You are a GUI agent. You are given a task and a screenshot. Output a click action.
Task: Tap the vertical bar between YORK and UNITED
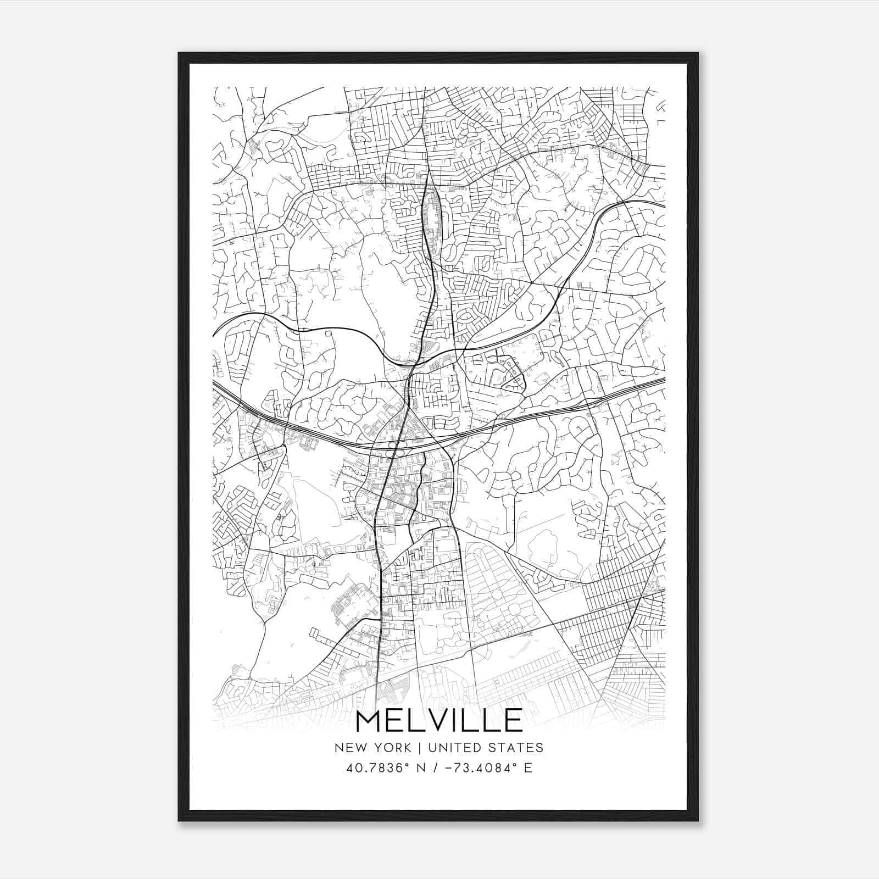[x=419, y=748]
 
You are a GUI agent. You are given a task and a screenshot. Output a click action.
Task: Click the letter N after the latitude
[x=422, y=768]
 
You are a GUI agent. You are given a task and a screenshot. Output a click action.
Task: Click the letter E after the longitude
[x=528, y=768]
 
